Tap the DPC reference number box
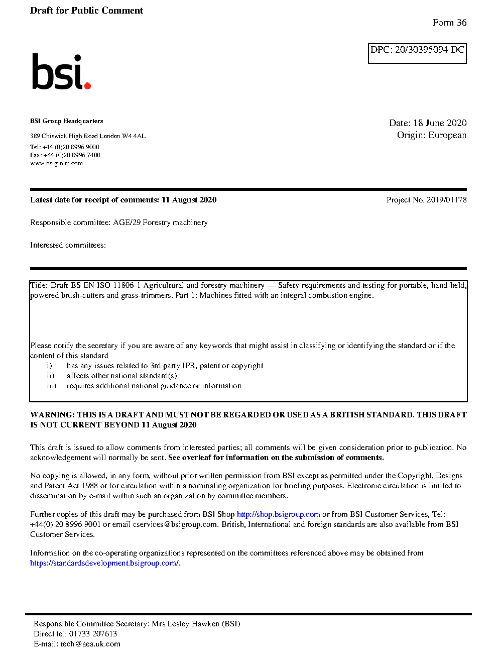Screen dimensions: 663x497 pos(417,53)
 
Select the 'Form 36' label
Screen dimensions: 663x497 pos(449,23)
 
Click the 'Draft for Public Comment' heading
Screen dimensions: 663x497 pos(86,11)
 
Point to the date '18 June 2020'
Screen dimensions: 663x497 pos(440,123)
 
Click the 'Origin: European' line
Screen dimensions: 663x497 pos(431,135)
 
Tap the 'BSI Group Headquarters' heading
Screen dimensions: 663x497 pos(66,121)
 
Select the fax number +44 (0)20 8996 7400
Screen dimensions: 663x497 pos(72,155)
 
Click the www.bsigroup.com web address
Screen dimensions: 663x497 pos(56,163)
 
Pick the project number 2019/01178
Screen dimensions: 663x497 pos(446,200)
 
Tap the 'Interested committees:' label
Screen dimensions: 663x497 pos(68,245)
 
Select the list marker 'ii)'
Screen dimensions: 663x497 pos(50,376)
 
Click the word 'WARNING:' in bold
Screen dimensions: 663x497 pos(52,415)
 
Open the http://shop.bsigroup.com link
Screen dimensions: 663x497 pos(278,514)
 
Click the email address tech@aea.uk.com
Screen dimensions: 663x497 pos(90,644)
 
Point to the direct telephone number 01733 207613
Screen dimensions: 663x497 pos(93,634)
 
